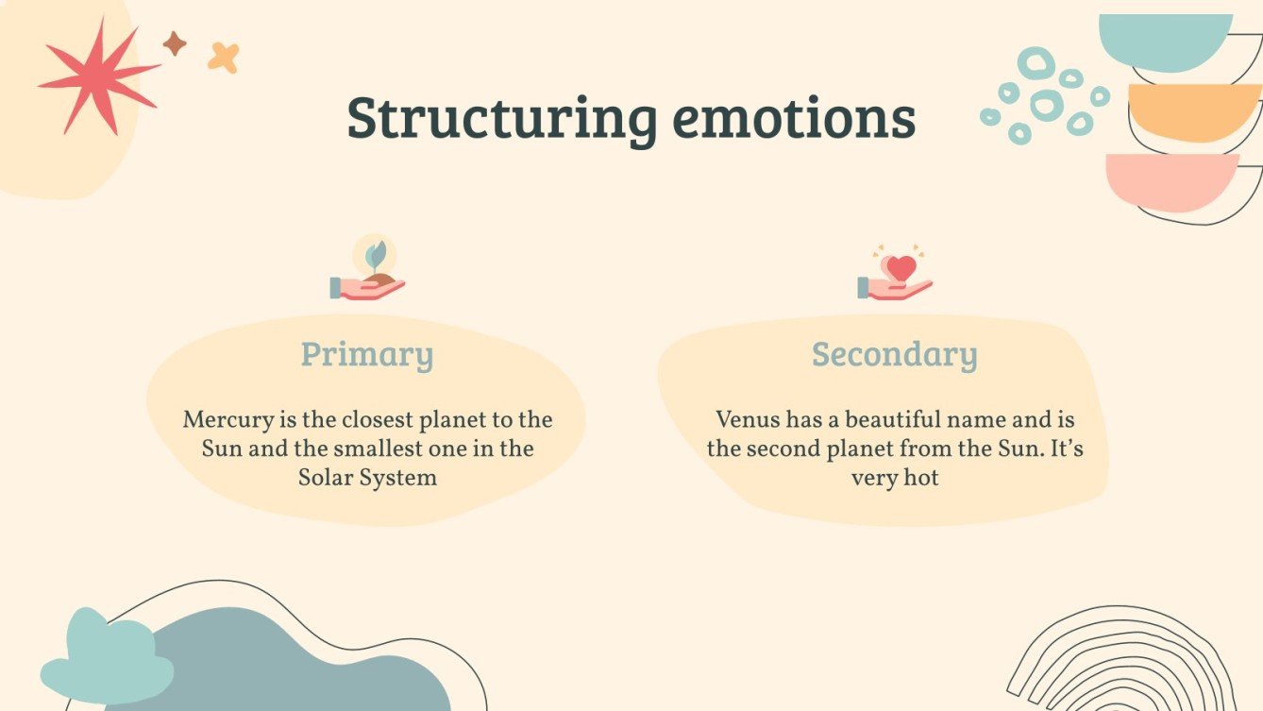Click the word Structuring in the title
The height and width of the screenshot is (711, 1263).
tap(501, 120)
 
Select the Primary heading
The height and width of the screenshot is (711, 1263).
tap(367, 355)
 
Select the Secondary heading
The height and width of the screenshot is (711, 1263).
tap(894, 355)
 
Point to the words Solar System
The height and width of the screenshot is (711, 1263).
tap(367, 477)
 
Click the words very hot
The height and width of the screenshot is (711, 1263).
tap(894, 478)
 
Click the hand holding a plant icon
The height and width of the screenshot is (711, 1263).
tap(368, 274)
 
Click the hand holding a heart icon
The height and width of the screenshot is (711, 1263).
tap(895, 276)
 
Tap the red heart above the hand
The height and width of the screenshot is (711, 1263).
tap(901, 267)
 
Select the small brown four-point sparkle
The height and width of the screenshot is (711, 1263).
tap(175, 42)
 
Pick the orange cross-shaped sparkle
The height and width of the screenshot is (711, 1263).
tap(224, 58)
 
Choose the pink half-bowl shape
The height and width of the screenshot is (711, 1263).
tap(1170, 179)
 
